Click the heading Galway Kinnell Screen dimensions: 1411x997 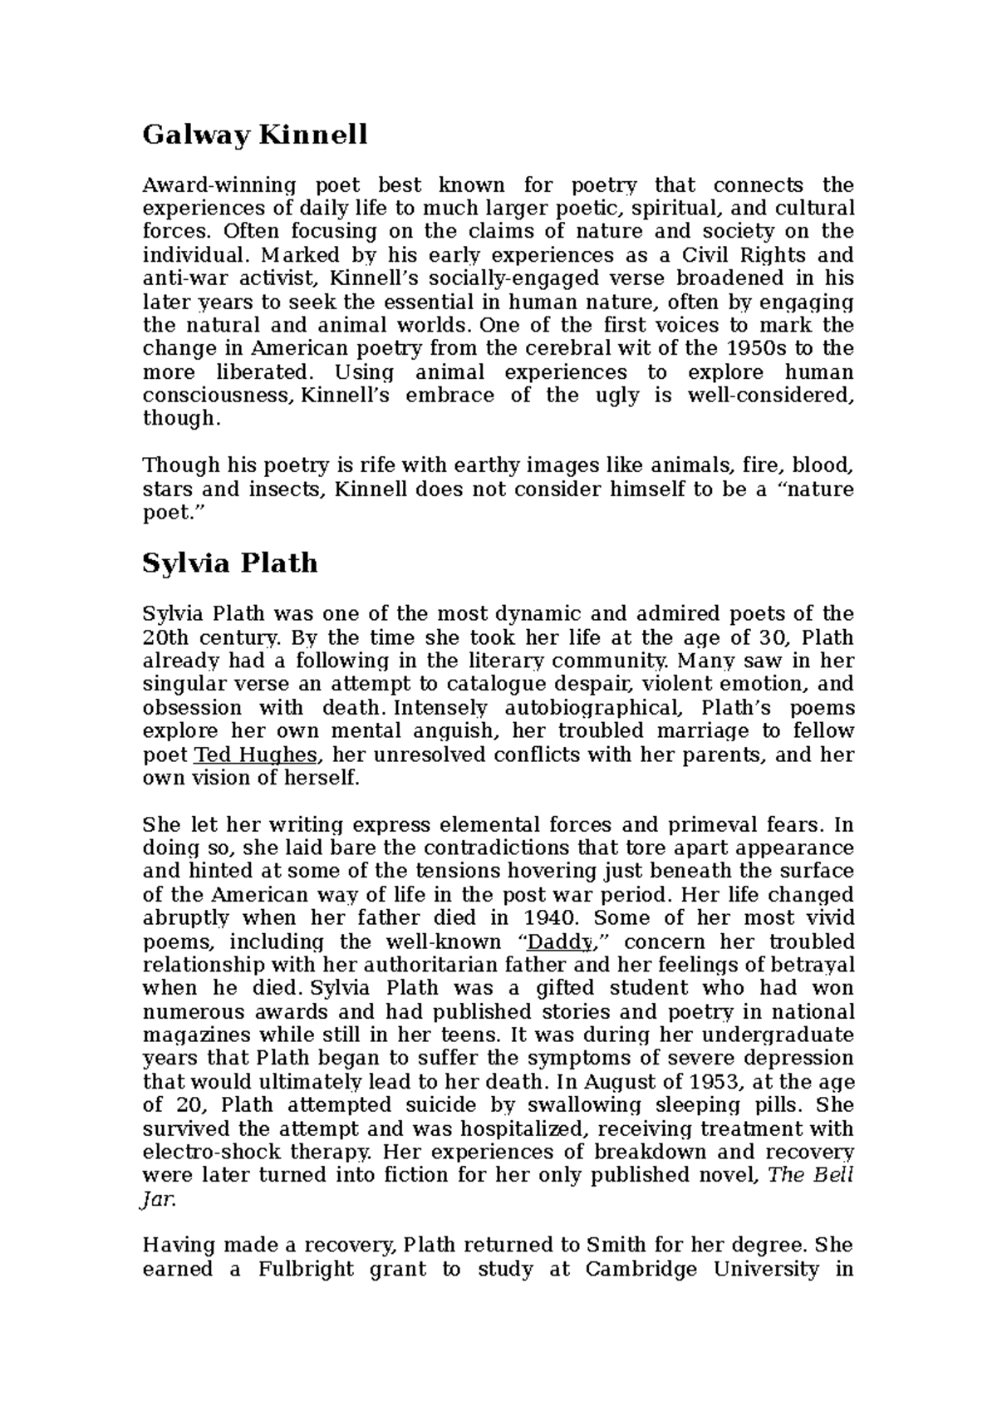point(254,135)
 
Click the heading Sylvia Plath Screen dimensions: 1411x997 point(230,563)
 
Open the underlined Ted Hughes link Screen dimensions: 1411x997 point(256,755)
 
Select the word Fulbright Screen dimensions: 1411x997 point(306,1269)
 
